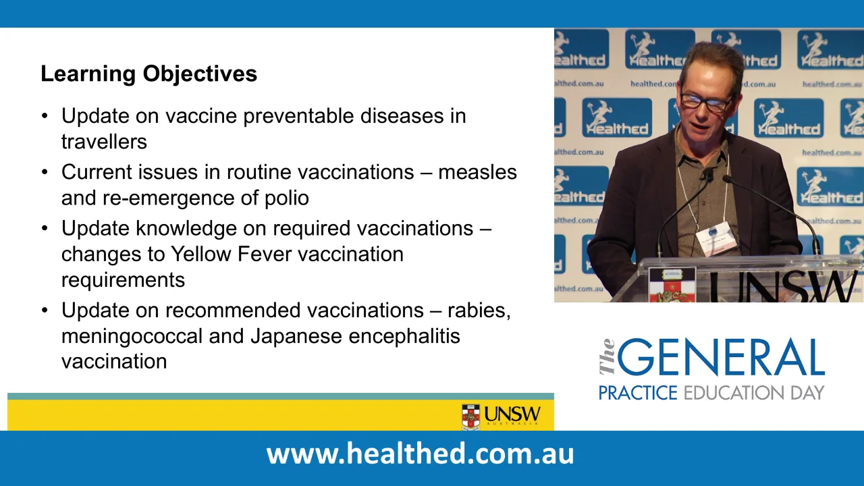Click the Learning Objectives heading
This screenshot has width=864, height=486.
[148, 74]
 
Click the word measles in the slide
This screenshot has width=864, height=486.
[477, 172]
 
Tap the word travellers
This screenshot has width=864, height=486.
[104, 142]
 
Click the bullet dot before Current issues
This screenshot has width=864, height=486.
[45, 173]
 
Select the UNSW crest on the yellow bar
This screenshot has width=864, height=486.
[470, 416]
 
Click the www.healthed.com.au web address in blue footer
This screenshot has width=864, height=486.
[420, 453]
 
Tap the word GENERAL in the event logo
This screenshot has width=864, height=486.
[721, 358]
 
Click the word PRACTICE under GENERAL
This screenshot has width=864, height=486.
[638, 393]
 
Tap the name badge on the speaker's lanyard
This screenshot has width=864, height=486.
[714, 238]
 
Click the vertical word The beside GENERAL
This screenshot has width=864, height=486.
[607, 357]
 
